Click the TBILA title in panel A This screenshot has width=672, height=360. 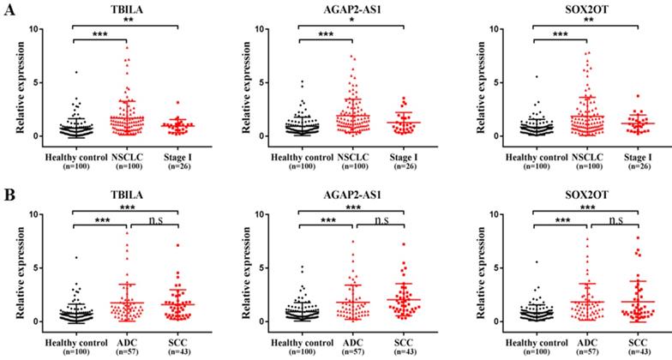(126, 6)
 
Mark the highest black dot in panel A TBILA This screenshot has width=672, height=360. (75, 72)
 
